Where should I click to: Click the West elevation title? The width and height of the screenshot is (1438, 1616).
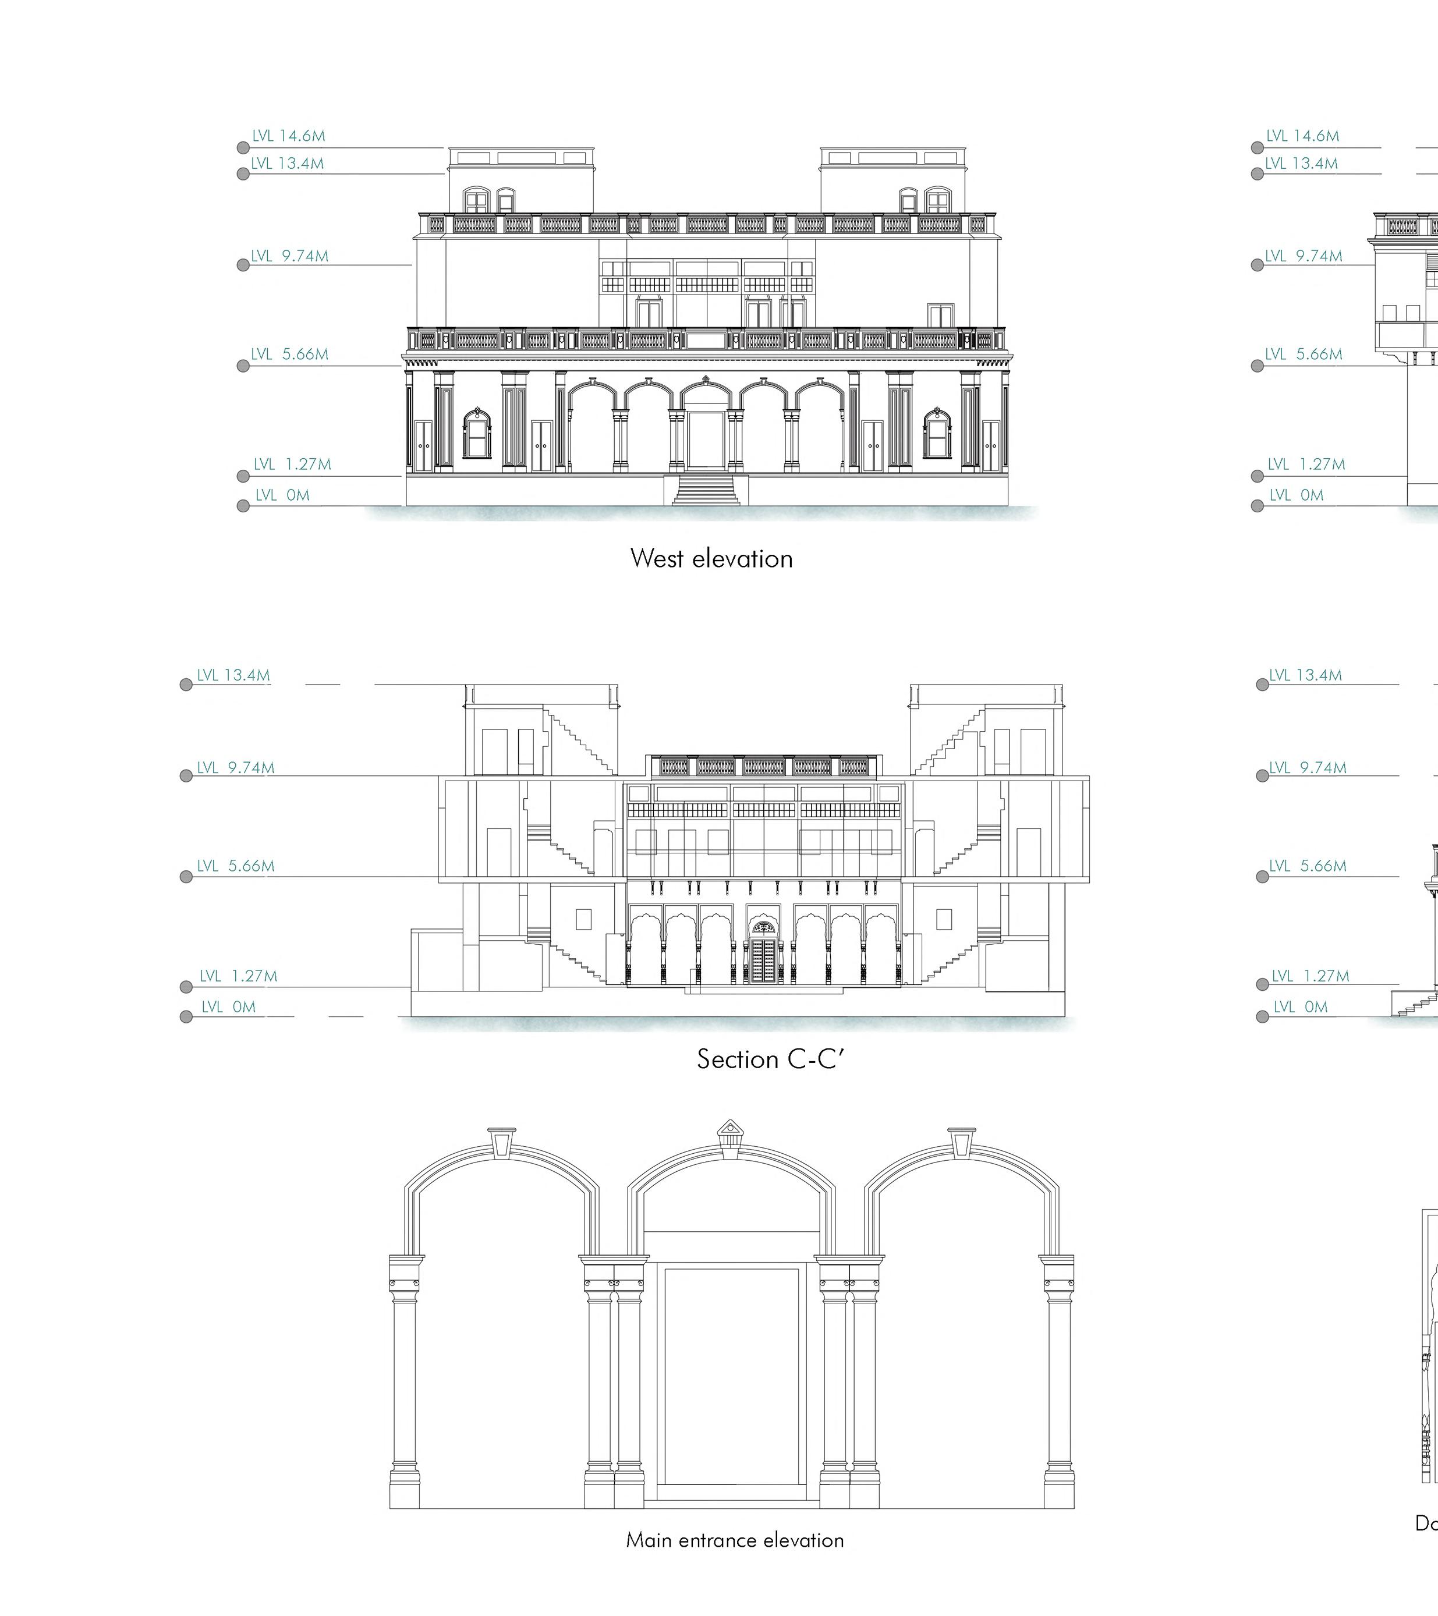711,558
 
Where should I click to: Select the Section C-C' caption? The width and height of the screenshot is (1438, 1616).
771,1059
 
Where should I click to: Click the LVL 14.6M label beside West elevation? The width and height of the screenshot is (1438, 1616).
289,136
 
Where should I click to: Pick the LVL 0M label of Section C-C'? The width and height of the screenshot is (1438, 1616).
228,1007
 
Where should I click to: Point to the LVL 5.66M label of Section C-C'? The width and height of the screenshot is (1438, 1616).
236,866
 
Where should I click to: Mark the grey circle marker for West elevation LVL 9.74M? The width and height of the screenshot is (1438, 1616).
243,265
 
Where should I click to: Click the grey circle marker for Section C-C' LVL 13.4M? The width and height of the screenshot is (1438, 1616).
186,685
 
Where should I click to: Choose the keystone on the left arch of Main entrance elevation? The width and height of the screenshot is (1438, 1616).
502,1141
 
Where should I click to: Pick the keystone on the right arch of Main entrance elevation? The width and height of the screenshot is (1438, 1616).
961,1141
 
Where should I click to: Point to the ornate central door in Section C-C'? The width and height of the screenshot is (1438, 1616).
762,955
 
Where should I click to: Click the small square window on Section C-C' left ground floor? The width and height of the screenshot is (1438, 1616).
583,919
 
